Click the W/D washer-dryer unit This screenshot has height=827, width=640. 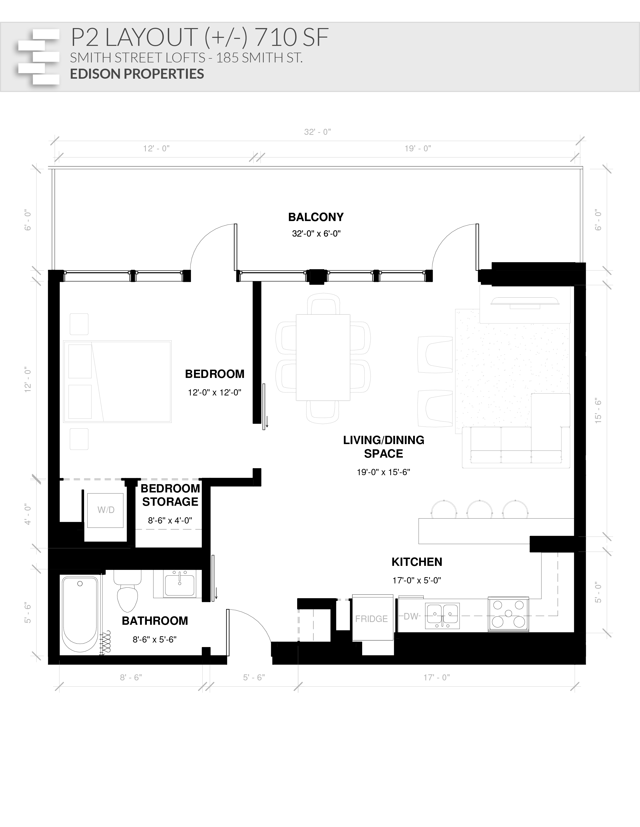105,510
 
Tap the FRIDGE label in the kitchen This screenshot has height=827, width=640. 371,619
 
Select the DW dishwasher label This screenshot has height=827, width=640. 411,616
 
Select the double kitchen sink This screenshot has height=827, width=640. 442,615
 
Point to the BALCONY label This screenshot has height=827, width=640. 316,217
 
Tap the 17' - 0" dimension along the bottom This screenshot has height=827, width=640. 436,677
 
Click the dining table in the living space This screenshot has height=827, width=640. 323,357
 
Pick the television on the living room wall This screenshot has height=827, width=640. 525,302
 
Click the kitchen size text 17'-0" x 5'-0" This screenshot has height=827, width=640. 417,580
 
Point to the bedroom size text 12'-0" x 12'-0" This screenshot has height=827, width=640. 215,392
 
